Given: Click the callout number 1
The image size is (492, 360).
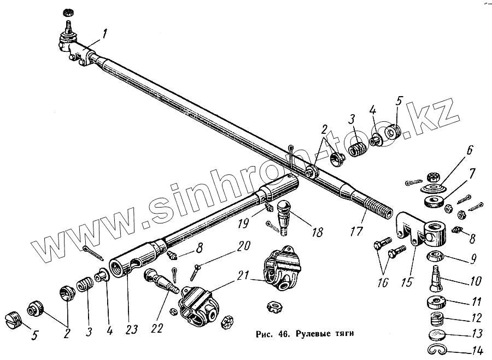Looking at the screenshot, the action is pos(105,34).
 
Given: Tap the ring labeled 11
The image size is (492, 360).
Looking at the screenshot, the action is pos(435,302).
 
